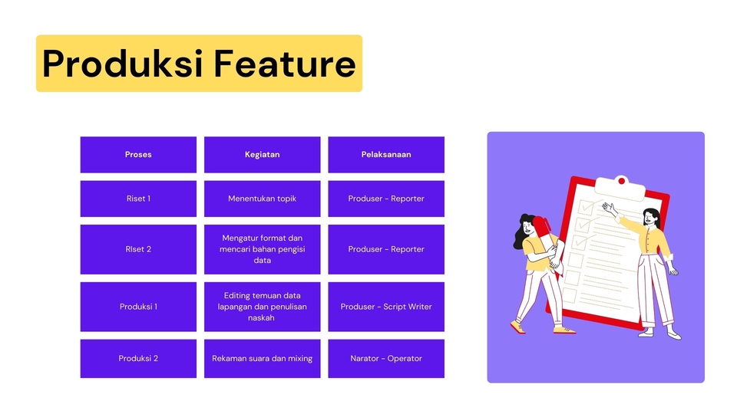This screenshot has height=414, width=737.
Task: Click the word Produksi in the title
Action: (x=122, y=64)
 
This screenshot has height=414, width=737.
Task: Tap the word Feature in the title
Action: (x=286, y=64)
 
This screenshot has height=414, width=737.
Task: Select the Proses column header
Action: (x=138, y=154)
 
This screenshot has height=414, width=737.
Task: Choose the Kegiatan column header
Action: (x=263, y=154)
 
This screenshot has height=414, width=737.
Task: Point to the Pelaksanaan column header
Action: (x=386, y=154)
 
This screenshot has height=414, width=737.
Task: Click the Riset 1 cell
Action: (x=138, y=199)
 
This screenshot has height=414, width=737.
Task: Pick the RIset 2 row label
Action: (x=138, y=249)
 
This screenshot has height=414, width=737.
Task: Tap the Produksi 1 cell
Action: (x=138, y=307)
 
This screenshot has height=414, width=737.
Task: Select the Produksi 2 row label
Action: (x=138, y=359)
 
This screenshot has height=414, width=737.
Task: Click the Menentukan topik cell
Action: (x=263, y=199)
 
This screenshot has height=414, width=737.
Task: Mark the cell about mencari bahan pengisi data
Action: (x=263, y=249)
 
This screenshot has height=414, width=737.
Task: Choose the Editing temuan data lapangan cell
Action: (x=263, y=307)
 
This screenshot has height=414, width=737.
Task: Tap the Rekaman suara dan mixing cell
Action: (x=263, y=359)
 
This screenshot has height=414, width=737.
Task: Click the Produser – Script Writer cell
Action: (x=386, y=307)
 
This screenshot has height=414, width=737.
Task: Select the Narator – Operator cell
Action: (x=386, y=359)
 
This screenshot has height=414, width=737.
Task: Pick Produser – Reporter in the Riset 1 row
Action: (x=386, y=199)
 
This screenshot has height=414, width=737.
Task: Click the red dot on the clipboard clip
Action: (x=621, y=181)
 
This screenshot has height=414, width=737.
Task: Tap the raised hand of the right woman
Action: (x=610, y=209)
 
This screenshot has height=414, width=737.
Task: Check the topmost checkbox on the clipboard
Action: (x=586, y=206)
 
